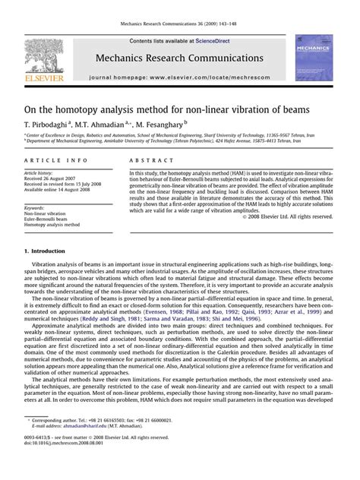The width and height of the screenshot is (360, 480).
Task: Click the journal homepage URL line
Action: pyautogui.click(x=180, y=78)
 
